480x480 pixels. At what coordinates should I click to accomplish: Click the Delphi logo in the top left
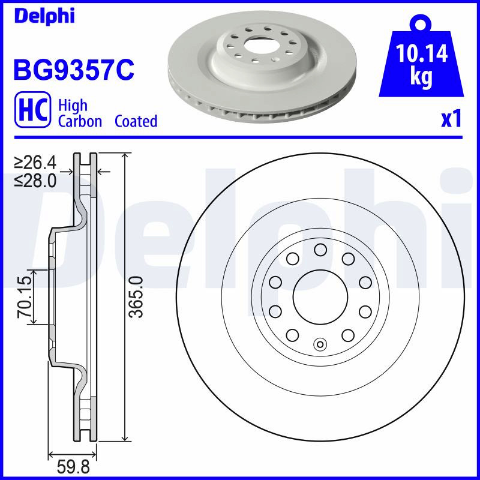(44, 16)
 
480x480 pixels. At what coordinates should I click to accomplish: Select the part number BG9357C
(74, 70)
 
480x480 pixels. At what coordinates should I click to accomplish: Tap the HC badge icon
(33, 109)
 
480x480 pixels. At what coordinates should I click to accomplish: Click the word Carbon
(80, 121)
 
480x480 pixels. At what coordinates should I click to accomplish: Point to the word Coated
(136, 121)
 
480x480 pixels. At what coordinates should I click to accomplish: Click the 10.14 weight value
(422, 53)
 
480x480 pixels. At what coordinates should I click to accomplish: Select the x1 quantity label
(451, 119)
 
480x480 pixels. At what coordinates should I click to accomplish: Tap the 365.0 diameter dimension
(136, 296)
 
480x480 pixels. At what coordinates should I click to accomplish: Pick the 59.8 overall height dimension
(73, 467)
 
